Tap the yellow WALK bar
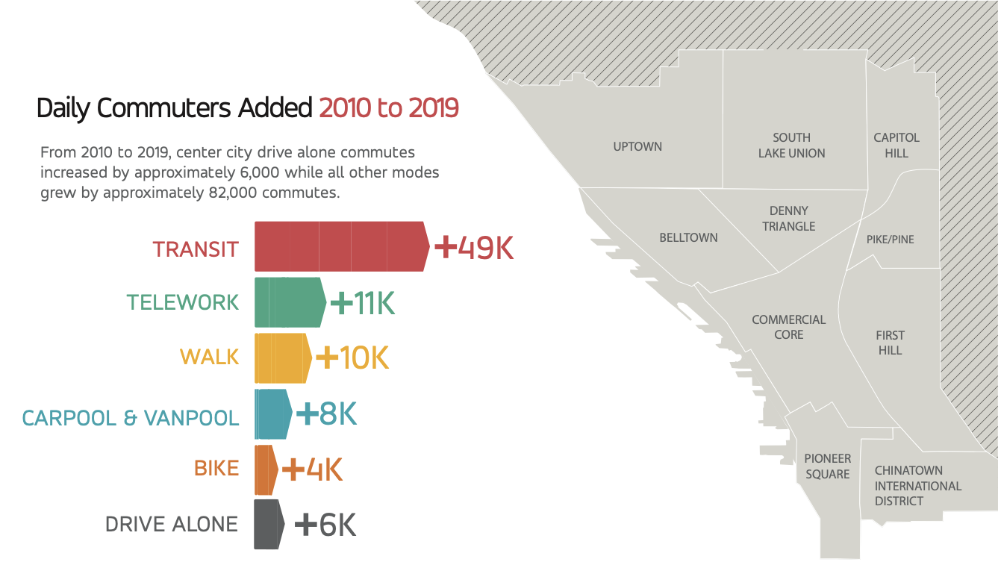pos(282,358)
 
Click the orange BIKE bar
pos(265,469)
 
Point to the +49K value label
pos(474,248)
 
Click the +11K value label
pos(362,303)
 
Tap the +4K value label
pos(312,470)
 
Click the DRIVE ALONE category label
pos(172,525)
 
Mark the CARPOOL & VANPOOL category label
pos(131,417)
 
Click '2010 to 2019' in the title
pos(388,108)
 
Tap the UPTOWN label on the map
pos(637,146)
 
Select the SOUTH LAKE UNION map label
pos(791,146)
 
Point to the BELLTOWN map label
pos(688,237)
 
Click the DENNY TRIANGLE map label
pos(789,219)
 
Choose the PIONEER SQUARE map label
pos(827,466)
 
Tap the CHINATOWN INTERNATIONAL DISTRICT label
pos(917,486)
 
